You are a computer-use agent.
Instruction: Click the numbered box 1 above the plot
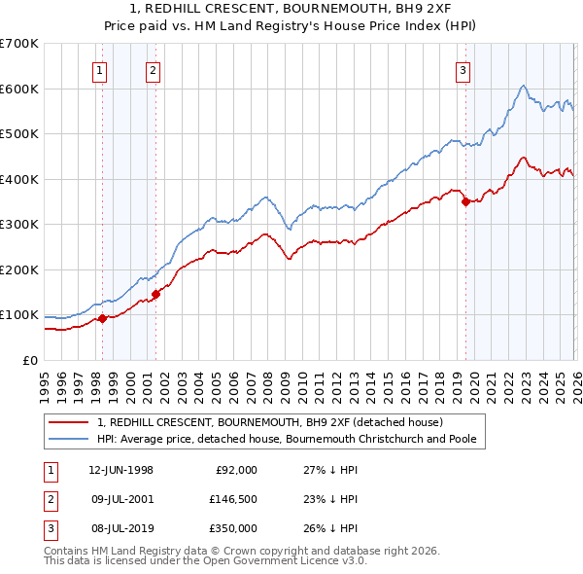coord(101,69)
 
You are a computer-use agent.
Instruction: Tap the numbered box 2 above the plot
coord(154,69)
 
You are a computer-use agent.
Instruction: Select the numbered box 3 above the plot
coord(463,69)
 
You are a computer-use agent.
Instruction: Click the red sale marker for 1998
coord(103,318)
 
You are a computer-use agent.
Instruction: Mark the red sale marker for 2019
coord(465,201)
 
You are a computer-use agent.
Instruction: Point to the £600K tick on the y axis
coord(19,89)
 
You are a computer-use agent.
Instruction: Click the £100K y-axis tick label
coord(19,315)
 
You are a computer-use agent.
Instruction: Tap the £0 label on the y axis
coord(29,360)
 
